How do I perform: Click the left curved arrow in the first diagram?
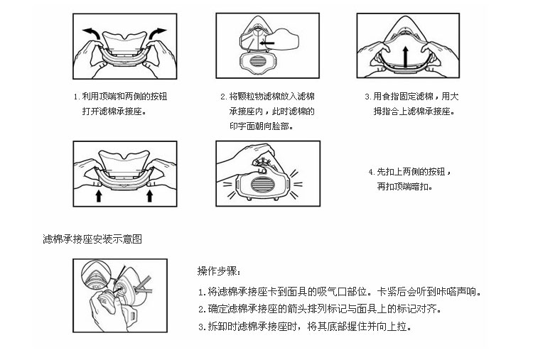(x=92, y=33)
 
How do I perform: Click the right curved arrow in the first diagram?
(x=157, y=33)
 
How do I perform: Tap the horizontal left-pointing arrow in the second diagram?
(x=266, y=43)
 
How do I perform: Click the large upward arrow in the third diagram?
(x=405, y=57)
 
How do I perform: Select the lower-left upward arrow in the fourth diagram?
(x=99, y=196)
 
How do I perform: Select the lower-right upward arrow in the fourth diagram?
(x=149, y=196)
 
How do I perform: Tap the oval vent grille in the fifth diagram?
(x=262, y=185)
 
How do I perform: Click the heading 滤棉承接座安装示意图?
(x=92, y=239)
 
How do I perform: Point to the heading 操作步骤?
(x=220, y=271)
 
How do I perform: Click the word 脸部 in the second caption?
(x=281, y=126)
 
